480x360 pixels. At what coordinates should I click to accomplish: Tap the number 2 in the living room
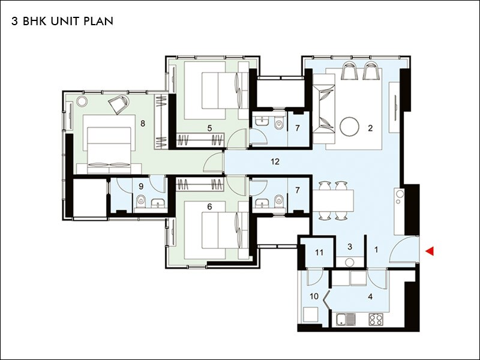coord(370,128)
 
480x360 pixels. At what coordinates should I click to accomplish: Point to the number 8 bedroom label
coord(143,124)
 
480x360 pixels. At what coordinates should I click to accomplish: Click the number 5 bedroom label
coord(209,128)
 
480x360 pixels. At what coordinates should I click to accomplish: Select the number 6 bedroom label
coord(209,206)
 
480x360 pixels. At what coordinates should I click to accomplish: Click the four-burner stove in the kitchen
coord(376,319)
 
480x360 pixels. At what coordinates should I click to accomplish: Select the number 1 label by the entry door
coord(376,248)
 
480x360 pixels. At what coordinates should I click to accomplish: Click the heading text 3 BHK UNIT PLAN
coord(62,21)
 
